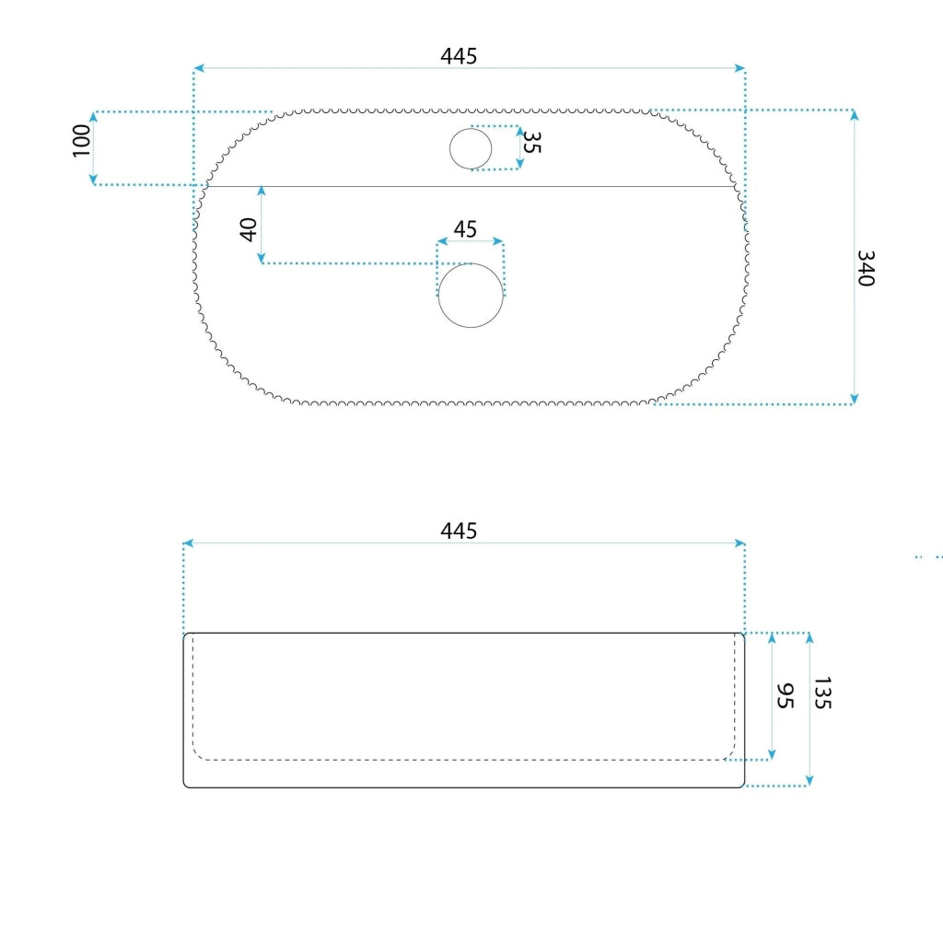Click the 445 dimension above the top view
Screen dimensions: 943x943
459,56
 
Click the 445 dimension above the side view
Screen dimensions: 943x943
459,530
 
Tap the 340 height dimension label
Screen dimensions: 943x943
866,268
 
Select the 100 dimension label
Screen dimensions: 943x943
81,141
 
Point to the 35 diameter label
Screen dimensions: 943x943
531,143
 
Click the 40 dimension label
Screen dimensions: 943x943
249,229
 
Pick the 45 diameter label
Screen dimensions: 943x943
465,229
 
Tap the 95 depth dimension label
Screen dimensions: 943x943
785,696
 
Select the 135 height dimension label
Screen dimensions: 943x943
822,693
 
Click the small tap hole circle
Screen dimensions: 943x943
471,148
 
